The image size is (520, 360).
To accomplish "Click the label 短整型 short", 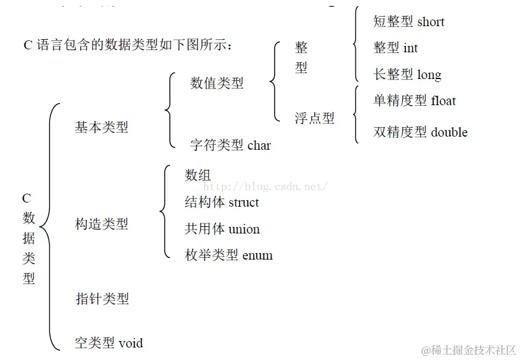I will tap(408, 22).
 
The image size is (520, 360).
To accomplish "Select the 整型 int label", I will tap(395, 48).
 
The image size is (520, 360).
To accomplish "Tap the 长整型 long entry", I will tap(407, 75).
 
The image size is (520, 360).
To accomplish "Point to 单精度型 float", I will tap(414, 101).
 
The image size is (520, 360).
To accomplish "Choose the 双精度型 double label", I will tap(420, 132).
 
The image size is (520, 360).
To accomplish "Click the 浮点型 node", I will tap(314, 118).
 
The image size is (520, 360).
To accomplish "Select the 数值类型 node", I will tap(217, 83).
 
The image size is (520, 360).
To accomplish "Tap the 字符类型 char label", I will tap(230, 145).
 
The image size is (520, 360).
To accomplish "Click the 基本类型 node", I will tap(102, 127).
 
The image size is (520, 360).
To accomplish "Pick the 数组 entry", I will tap(198, 175).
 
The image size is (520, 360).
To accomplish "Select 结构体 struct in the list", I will tap(222, 203).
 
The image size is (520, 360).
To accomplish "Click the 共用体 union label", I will tap(222, 229).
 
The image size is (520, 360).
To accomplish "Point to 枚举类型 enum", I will tap(229, 256).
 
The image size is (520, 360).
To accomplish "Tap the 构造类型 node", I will tap(102, 224).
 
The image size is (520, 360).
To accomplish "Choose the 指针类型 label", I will tap(102, 298).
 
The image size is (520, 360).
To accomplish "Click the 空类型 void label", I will tap(109, 343).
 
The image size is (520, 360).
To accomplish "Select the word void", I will tap(131, 343).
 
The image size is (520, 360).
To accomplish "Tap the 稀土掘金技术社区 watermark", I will tap(468, 350).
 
